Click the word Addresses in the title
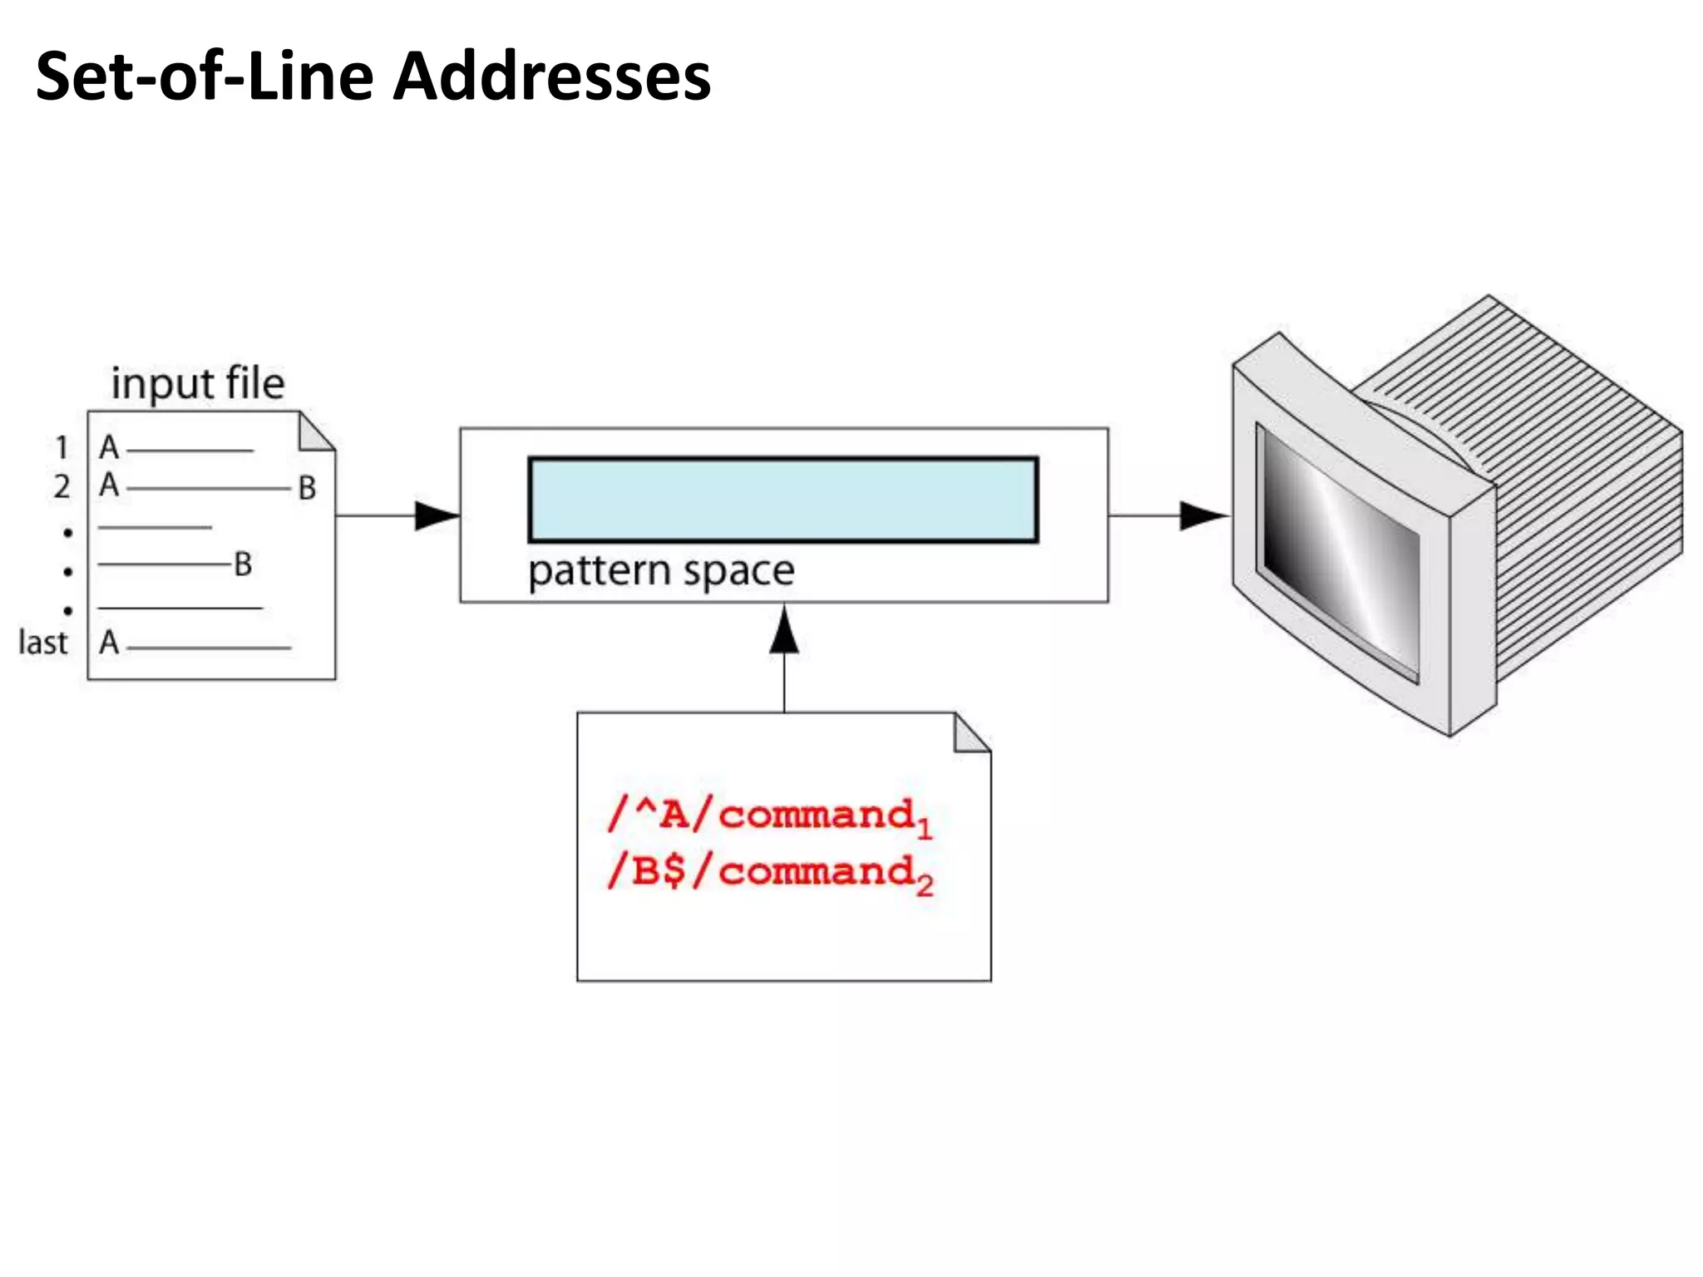point(551,76)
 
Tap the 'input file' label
point(198,383)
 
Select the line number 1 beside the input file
point(62,448)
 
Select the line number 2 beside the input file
point(62,486)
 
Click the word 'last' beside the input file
point(42,643)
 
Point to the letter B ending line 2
point(307,488)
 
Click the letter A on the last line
point(109,643)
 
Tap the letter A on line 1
point(109,448)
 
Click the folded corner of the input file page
point(314,433)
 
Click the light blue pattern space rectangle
point(782,500)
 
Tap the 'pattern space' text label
point(661,571)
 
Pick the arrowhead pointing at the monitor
point(1202,515)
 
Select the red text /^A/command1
point(769,816)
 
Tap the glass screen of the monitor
point(1339,553)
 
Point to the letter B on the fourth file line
point(243,565)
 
